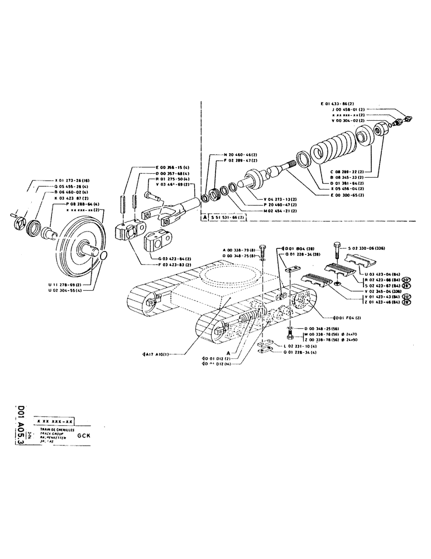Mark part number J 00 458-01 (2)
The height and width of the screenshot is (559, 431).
point(345,110)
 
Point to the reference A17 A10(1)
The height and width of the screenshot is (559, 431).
point(158,353)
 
